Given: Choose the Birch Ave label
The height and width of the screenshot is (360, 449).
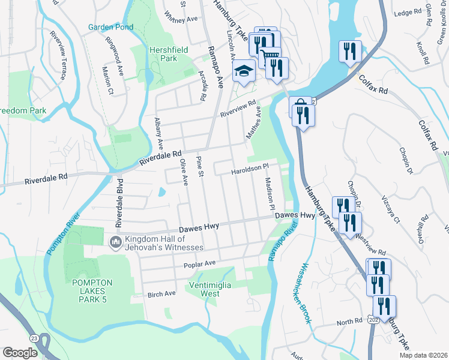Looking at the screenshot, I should pyautogui.click(x=161, y=293).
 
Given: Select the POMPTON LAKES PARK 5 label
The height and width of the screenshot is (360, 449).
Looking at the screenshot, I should pyautogui.click(x=88, y=291).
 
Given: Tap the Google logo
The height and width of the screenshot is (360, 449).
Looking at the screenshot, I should pyautogui.click(x=20, y=353).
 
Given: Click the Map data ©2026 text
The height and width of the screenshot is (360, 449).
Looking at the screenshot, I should pyautogui.click(x=423, y=355).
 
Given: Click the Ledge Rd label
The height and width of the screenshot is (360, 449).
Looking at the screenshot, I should pyautogui.click(x=409, y=13).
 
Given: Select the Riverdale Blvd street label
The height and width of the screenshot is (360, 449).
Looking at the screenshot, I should pyautogui.click(x=119, y=202).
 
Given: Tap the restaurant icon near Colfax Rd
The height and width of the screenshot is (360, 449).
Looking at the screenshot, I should pyautogui.click(x=349, y=52).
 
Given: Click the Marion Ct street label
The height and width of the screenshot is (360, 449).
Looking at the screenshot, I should pyautogui.click(x=108, y=83).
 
